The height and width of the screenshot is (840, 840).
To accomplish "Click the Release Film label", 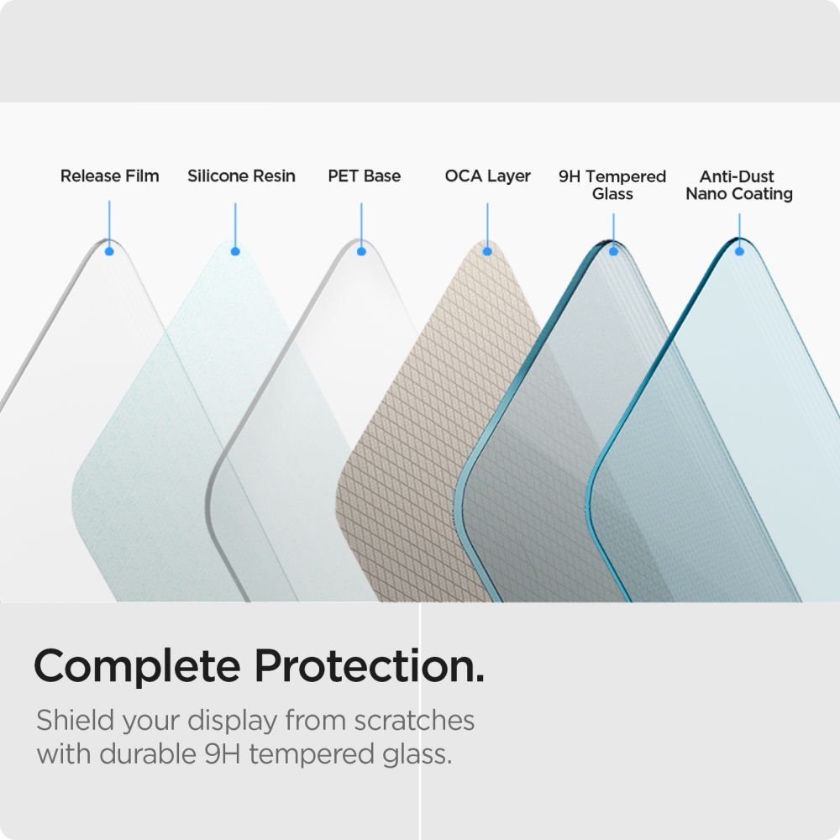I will coord(109,176).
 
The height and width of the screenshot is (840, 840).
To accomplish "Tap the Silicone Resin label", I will coord(241,176).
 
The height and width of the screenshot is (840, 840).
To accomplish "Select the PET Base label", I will coord(364,176).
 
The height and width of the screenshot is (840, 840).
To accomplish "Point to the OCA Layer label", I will coord(487,176).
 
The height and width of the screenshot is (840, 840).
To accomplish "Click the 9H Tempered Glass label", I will coord(612,185).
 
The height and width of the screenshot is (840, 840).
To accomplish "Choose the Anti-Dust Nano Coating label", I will coord(738,185).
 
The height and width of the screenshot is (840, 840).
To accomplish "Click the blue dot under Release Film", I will coord(109,251).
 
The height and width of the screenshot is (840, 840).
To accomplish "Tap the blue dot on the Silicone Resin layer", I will coord(235,251).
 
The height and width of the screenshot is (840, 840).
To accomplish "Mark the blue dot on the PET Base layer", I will coord(361,251).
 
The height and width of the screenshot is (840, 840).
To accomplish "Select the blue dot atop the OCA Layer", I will coord(487,251).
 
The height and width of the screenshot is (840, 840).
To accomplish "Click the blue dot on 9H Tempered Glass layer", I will coord(613,251).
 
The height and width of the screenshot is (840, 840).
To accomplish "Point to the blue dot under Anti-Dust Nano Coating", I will coord(739,251).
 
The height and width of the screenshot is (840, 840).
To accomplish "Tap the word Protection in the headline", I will coord(368,668).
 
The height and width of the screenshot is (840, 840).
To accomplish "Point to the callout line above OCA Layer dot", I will coord(487,223).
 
